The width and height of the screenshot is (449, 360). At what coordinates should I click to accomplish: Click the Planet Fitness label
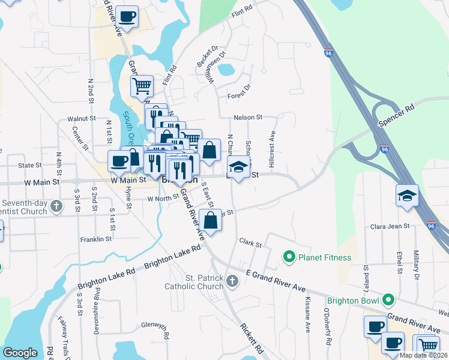[325, 257]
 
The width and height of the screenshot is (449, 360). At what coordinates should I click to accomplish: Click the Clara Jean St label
[390, 226]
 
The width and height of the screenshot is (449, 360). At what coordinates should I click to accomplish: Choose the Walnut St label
[82, 119]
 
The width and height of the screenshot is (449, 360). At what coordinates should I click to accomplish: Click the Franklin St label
[96, 239]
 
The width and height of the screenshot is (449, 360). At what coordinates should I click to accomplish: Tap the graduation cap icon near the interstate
[407, 196]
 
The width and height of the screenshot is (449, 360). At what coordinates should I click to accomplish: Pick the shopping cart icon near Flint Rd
[142, 86]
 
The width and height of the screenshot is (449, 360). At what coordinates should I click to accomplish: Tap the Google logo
[20, 353]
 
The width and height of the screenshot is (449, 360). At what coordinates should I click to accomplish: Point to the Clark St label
[251, 244]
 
